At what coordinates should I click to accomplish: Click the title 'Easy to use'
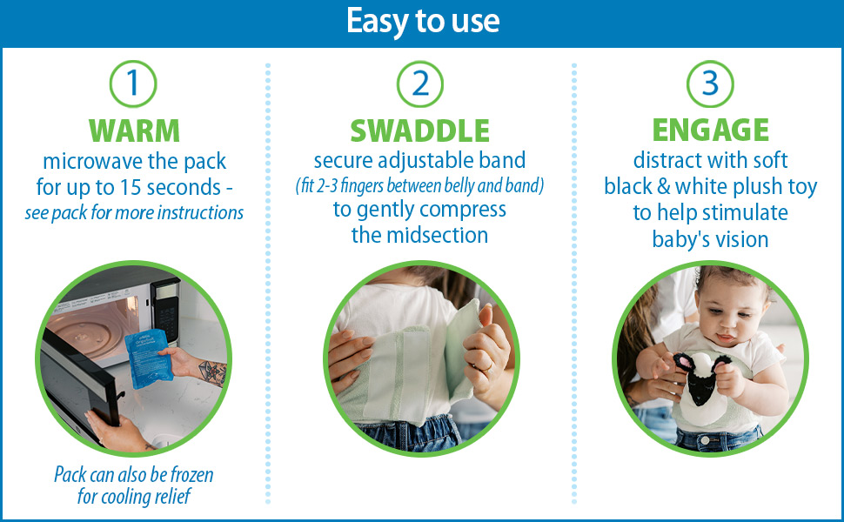point(423,21)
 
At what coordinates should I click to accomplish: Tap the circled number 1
point(133,84)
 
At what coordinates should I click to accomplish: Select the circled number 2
point(420,84)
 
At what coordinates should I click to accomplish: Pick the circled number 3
point(710,84)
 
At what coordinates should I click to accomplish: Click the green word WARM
point(134,130)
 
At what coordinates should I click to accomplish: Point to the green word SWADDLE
point(420,130)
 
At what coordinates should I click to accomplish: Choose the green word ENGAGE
point(711,130)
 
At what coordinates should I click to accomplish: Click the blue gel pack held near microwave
point(149,358)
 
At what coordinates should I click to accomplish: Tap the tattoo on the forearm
point(212,371)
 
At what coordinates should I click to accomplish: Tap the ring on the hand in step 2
point(489,367)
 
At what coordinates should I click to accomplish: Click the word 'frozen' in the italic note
point(191,475)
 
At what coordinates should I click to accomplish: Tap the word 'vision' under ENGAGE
point(740,239)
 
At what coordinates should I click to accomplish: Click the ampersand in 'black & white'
point(663,187)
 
